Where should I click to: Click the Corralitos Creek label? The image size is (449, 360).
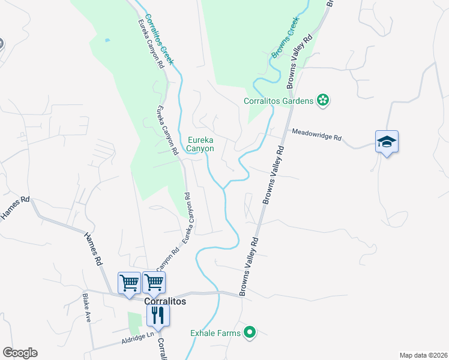click(160, 39)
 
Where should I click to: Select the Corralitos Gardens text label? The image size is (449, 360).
click(279, 101)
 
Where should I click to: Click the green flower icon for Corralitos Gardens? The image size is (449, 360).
click(323, 100)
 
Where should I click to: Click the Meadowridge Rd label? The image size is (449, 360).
click(317, 134)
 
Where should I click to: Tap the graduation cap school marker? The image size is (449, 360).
click(387, 142)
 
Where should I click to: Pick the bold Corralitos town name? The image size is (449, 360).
click(165, 302)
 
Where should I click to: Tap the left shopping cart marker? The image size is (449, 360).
click(129, 282)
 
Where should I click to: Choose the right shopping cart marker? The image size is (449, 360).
click(154, 282)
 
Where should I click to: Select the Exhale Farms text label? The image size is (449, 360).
click(215, 332)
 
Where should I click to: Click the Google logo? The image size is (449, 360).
click(20, 353)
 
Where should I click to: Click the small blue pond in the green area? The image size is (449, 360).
click(107, 40)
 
